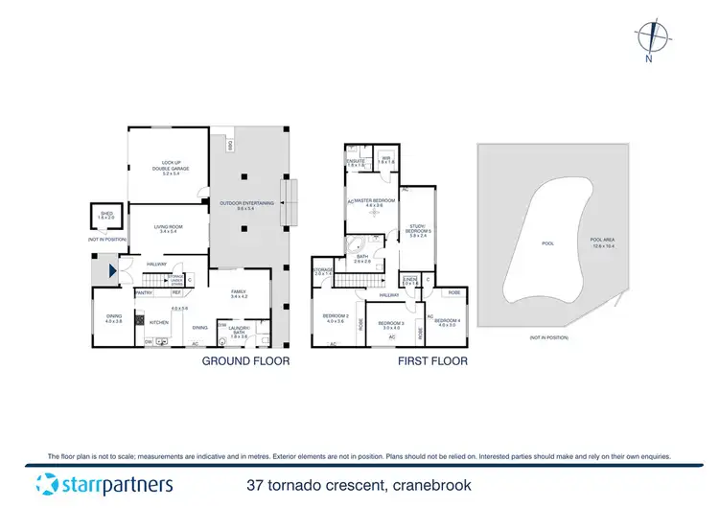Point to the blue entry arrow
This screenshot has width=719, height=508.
114,271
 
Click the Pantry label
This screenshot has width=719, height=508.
145,291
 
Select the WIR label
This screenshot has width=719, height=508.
385,160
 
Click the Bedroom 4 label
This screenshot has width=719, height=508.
448,323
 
